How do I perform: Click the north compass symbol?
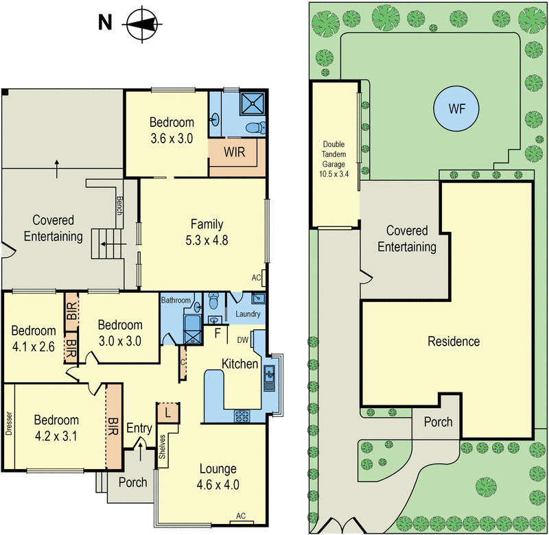[x=142, y=24]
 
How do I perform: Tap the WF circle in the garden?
[x=456, y=108]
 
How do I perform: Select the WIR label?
[x=234, y=152]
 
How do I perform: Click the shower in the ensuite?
[x=252, y=104]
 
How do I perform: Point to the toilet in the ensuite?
[x=255, y=128]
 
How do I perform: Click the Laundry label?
[x=248, y=314]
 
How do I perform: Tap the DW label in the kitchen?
[x=243, y=340]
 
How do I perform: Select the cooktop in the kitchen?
[x=242, y=416]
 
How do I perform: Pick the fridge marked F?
[x=218, y=333]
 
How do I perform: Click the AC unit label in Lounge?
[x=241, y=516]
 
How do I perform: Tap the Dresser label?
[x=9, y=423]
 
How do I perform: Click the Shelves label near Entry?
[x=162, y=447]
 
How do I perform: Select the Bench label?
[x=119, y=206]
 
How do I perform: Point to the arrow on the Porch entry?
[x=141, y=451]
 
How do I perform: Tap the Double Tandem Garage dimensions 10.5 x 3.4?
[x=334, y=174]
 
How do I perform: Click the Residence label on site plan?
[x=454, y=341]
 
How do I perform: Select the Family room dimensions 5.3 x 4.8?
[x=207, y=240]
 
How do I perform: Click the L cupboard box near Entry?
[x=168, y=413]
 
